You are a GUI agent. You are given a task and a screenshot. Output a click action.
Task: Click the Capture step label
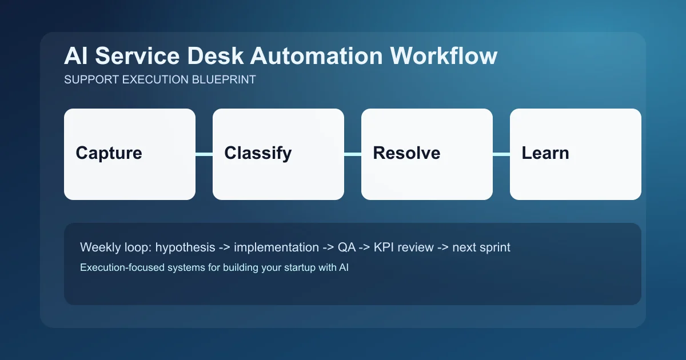click(109, 153)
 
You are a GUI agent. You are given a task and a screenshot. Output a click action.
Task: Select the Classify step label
click(258, 153)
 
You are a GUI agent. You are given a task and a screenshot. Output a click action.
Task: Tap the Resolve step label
click(406, 153)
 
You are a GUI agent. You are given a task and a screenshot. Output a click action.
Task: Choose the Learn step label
click(545, 153)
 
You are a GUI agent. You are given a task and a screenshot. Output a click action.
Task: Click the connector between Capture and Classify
click(204, 154)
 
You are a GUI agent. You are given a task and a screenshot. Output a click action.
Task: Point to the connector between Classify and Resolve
click(353, 154)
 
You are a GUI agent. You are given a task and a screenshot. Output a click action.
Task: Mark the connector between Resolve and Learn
click(501, 154)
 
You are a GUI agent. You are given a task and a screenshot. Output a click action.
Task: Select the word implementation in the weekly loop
click(276, 247)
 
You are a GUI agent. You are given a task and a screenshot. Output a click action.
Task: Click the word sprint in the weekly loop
click(494, 247)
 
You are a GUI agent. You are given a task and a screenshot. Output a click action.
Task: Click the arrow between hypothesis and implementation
click(225, 247)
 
